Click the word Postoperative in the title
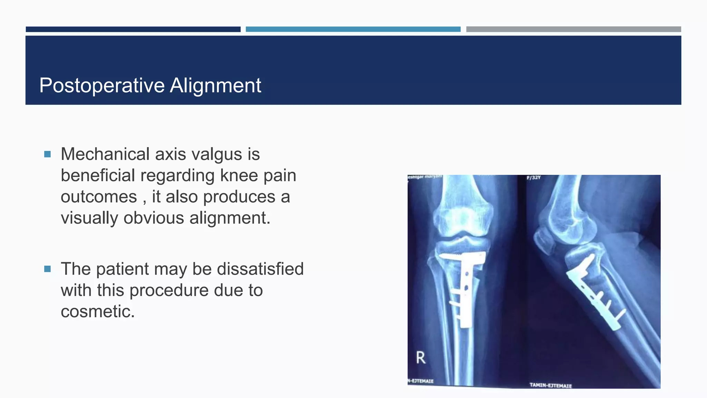[102, 85]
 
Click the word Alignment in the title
[215, 85]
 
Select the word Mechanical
[105, 154]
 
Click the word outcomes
[99, 197]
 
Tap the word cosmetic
[97, 311]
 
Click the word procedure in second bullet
[169, 290]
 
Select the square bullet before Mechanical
[48, 154]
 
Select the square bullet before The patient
[48, 269]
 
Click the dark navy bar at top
[133, 29]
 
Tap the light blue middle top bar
[353, 29]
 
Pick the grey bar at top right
[573, 29]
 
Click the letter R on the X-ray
[420, 358]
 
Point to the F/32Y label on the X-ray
[533, 178]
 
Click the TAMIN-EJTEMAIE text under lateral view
[551, 385]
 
